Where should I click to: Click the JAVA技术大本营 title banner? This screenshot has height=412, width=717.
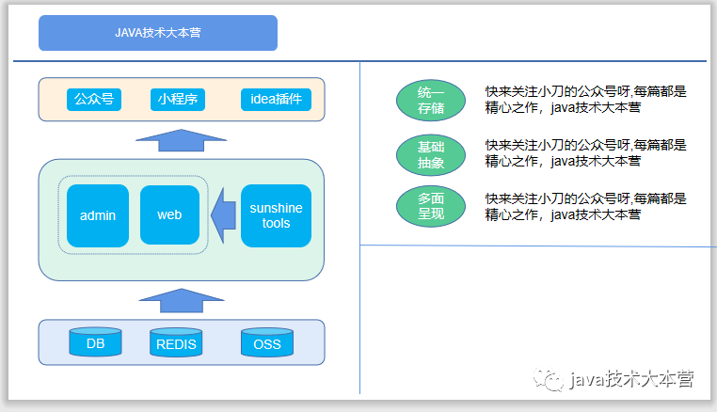click(x=158, y=33)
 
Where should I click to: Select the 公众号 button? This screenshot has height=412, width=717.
click(x=95, y=99)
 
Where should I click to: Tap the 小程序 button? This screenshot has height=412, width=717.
click(x=177, y=99)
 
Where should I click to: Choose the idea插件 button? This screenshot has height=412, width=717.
click(x=276, y=99)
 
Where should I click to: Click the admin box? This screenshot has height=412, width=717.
click(x=98, y=215)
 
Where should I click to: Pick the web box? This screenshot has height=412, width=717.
click(x=169, y=215)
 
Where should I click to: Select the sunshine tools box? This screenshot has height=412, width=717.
click(x=276, y=215)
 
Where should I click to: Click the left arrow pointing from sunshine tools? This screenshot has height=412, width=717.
click(x=223, y=215)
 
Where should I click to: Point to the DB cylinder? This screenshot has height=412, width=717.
click(x=96, y=342)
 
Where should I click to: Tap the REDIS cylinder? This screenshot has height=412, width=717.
click(x=177, y=343)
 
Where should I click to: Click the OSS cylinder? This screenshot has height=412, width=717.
click(x=267, y=343)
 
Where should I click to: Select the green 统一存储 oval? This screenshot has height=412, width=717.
click(x=431, y=101)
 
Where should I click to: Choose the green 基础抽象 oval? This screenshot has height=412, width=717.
click(x=431, y=153)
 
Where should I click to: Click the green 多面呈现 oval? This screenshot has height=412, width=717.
click(x=431, y=206)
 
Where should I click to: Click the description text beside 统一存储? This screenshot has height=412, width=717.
click(x=586, y=100)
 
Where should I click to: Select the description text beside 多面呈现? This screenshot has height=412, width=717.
click(x=586, y=206)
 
